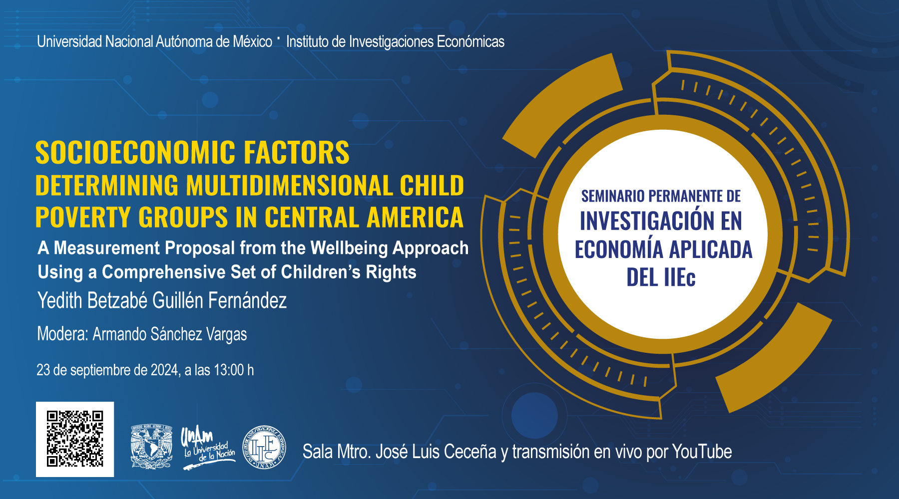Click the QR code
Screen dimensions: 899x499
click(x=75, y=439)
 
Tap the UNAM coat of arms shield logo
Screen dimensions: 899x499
click(x=151, y=447)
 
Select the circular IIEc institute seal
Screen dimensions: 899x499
click(x=264, y=447)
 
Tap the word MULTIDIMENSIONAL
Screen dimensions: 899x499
click(x=289, y=186)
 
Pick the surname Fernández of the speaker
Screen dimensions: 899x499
click(x=247, y=300)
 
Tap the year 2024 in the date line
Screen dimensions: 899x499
click(x=165, y=370)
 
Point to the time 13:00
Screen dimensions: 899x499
click(x=229, y=370)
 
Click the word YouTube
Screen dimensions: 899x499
click(x=702, y=452)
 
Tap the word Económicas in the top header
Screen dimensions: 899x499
click(x=470, y=41)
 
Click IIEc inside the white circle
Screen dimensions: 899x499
click(x=679, y=277)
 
